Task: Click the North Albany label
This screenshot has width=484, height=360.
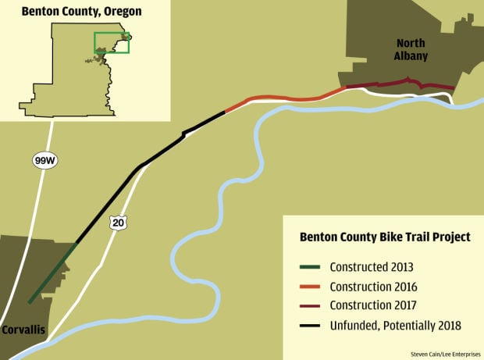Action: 411,50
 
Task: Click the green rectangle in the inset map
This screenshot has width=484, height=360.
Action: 112,42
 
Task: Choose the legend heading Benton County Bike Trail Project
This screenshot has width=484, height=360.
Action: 380,237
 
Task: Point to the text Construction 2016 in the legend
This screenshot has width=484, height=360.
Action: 373,287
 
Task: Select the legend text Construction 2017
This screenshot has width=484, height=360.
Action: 373,305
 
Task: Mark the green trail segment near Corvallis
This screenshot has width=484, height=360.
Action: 53,273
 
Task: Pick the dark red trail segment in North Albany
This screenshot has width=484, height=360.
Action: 398,82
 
